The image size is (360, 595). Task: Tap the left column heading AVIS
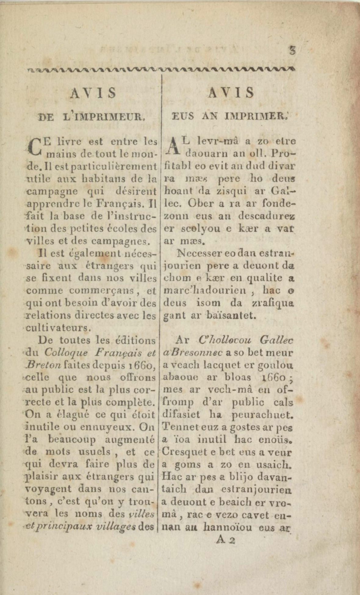(x=93, y=93)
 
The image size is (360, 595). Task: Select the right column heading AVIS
(x=231, y=92)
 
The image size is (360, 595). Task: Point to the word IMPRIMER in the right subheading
(x=255, y=116)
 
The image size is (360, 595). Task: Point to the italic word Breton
(x=44, y=365)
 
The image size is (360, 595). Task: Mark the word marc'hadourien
(x=205, y=290)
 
